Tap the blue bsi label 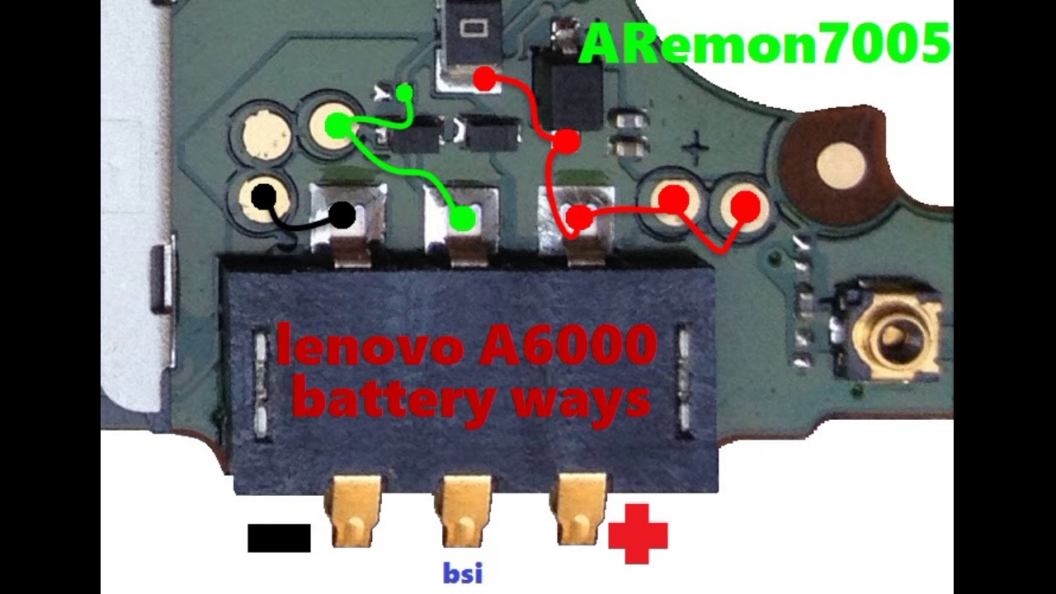462,573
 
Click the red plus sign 638,534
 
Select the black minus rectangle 279,538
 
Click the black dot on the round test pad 264,197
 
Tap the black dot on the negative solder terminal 342,216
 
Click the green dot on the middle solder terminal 464,219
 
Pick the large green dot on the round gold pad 337,126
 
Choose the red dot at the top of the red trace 485,79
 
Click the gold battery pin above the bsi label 462,511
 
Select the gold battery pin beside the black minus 356,511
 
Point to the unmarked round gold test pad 266,134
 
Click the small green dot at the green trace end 404,92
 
